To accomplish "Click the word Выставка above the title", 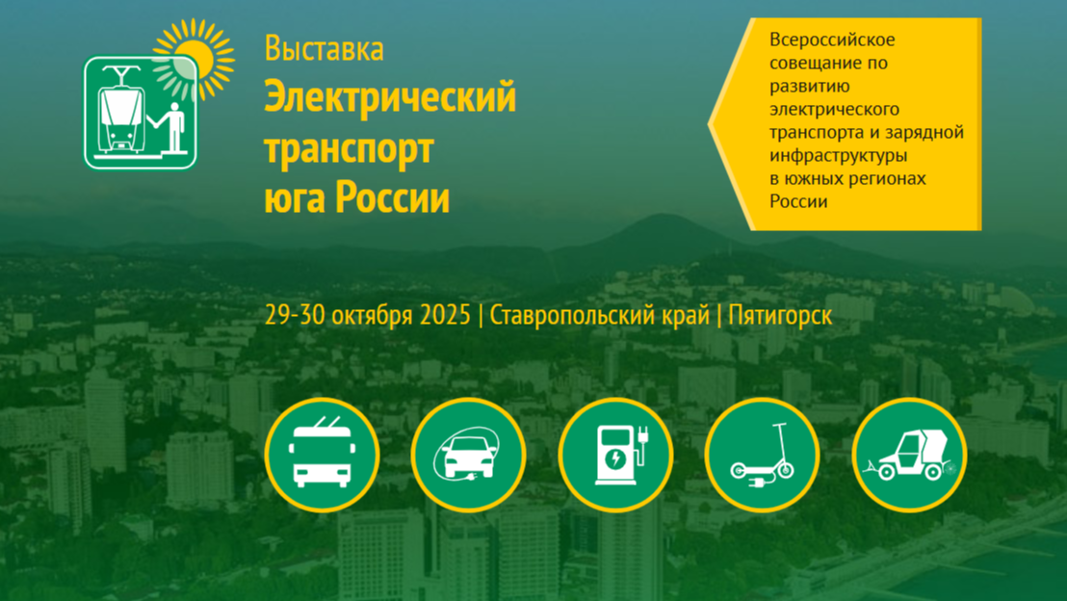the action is coord(324,49).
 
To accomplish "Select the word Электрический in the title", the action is coord(390,96).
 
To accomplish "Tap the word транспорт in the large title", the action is coord(350,148).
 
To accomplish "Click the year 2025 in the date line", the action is coord(445,315).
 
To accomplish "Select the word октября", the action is coord(373,316).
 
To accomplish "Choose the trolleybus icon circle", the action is coord(322,455).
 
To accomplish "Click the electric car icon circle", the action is coord(469,455).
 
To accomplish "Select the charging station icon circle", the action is coord(616,455).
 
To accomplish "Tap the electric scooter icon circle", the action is coord(762,455).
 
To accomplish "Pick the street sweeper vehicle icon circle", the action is coord(909,455).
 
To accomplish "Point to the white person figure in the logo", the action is coord(171,126).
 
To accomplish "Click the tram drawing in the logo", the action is coord(122,112).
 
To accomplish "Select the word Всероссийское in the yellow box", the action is coord(832,39).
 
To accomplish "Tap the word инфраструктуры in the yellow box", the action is coord(839,156).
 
